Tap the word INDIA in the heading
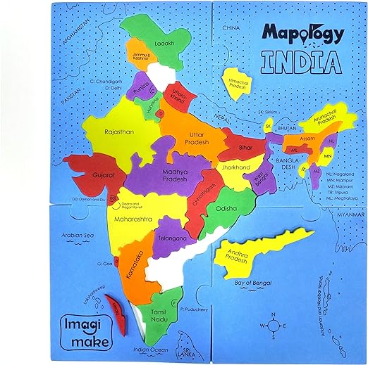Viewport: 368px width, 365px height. [x=302, y=62]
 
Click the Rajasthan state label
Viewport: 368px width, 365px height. [x=100, y=130]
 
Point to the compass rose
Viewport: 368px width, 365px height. [x=272, y=326]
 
